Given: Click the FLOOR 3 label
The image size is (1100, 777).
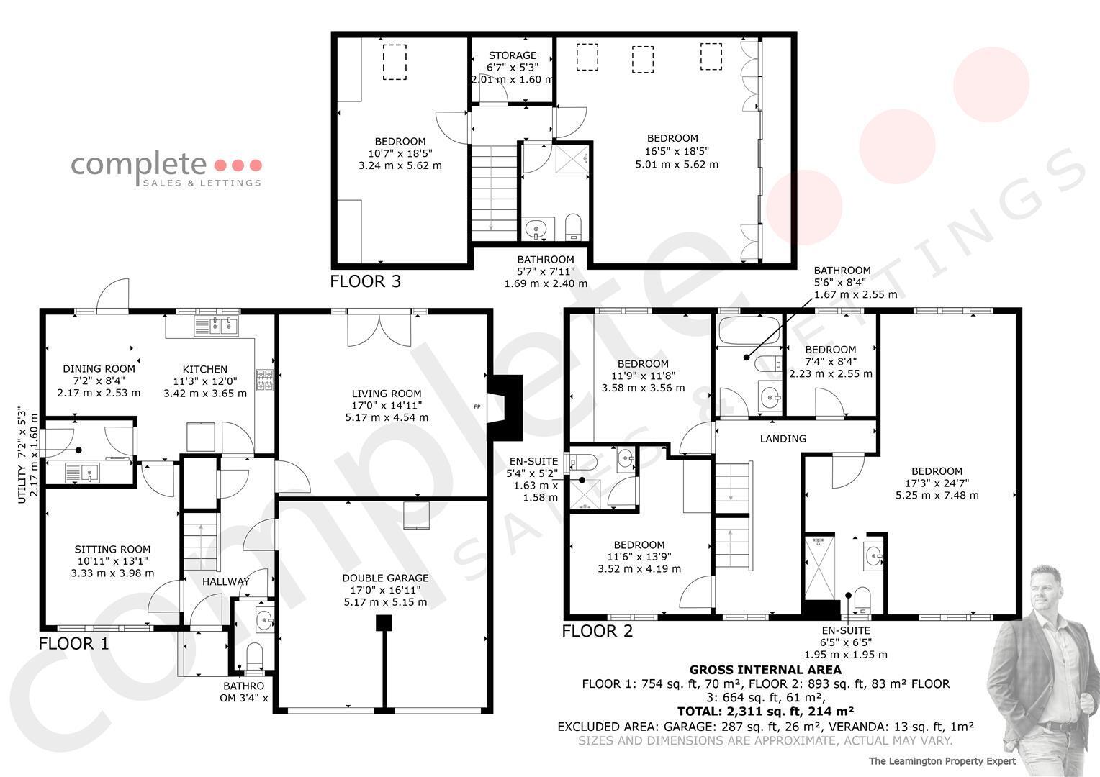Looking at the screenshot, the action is click(366, 281).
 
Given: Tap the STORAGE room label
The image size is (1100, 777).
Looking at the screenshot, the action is click(512, 55).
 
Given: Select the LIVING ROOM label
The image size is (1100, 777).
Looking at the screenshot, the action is click(387, 394).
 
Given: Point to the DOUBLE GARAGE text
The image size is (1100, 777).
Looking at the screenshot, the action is click(385, 578).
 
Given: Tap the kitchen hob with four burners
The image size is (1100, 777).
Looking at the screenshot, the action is click(265, 381).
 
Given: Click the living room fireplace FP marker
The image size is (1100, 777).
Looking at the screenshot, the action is click(477, 406).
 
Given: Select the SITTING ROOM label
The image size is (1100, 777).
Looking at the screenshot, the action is click(112, 549).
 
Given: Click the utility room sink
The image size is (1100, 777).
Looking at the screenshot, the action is click(81, 473).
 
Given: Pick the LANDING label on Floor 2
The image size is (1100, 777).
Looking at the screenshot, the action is click(783, 439).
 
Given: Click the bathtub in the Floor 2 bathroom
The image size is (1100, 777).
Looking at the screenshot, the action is click(749, 330).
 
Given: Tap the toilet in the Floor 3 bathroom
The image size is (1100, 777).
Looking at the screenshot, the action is click(573, 227).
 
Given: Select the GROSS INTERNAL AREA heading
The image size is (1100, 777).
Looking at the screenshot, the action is click(765, 670).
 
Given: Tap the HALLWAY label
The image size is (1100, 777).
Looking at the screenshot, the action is click(226, 581).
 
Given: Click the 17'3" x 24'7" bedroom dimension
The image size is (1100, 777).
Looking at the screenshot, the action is click(937, 483).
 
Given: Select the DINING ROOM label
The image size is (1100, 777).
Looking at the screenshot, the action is click(99, 369).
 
